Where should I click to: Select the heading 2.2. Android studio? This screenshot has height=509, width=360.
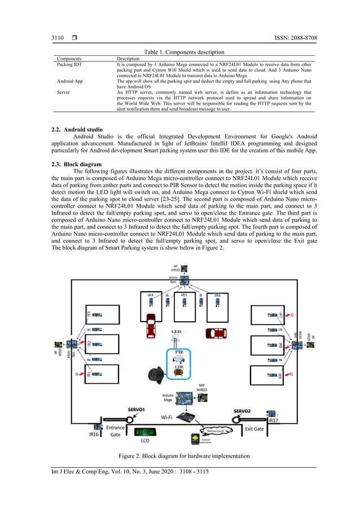(x=77, y=130)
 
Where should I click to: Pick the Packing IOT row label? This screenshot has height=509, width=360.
(x=69, y=65)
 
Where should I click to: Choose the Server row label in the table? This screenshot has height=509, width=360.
(x=63, y=91)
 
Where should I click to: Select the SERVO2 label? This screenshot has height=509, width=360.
(x=245, y=410)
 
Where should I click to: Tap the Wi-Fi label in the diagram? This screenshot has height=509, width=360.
(x=166, y=418)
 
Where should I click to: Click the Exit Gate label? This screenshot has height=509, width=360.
(x=254, y=429)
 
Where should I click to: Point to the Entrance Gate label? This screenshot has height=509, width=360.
(x=116, y=431)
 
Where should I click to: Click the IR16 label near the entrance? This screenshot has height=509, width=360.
(x=94, y=435)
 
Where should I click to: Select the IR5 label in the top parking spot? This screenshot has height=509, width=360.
(x=183, y=295)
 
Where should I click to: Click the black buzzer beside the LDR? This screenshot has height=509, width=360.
(x=153, y=374)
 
